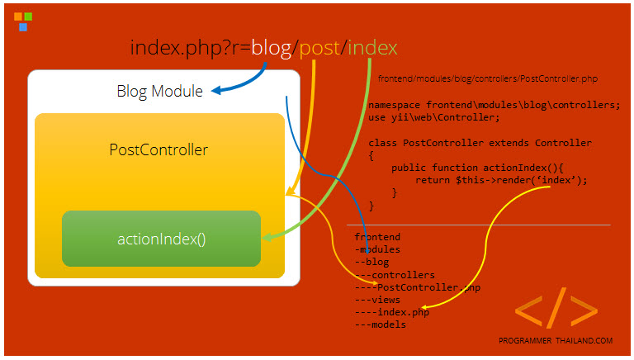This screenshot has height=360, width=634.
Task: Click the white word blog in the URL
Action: (272, 48)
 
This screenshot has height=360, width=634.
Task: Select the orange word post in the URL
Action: (319, 49)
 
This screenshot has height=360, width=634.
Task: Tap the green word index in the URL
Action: (372, 47)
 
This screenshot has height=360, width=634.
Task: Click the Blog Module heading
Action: (159, 92)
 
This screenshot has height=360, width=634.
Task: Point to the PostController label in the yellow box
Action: (158, 149)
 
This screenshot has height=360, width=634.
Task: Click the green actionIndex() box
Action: (161, 239)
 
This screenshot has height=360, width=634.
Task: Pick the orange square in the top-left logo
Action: (18, 17)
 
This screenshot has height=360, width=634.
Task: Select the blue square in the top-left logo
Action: (23, 26)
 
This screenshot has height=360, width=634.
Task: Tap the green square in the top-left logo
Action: (28, 17)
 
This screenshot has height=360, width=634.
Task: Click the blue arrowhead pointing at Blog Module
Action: (217, 91)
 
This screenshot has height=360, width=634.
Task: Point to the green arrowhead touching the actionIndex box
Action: (267, 237)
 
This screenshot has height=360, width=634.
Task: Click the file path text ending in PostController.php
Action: (488, 78)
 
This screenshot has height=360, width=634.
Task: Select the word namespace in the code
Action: (395, 105)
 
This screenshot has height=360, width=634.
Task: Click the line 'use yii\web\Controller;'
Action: (434, 118)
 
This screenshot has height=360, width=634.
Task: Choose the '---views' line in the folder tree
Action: (377, 300)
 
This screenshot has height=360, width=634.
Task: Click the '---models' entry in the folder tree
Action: (381, 324)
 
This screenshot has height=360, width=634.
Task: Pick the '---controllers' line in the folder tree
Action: (395, 275)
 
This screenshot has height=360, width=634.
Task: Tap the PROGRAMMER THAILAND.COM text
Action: (556, 340)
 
